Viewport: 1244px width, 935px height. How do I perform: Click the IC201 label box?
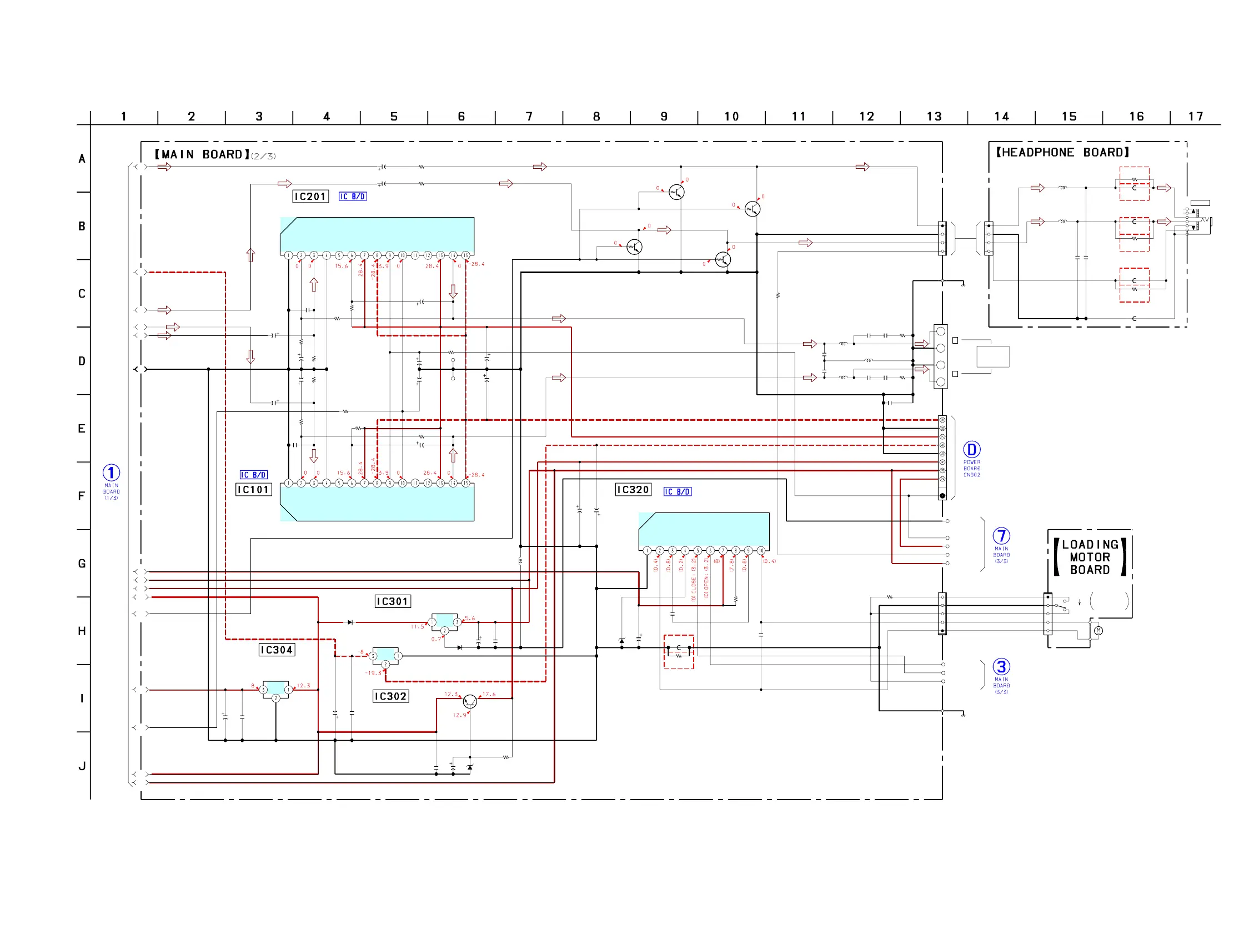coord(310,196)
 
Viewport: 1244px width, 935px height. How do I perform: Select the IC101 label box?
coord(254,490)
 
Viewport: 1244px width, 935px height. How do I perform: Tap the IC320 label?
coord(633,490)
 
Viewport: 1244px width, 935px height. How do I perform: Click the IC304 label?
coord(277,650)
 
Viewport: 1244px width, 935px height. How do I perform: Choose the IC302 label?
coord(391,696)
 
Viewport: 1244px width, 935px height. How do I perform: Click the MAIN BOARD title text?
coord(203,154)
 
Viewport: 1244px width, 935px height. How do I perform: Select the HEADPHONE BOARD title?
coord(1062,152)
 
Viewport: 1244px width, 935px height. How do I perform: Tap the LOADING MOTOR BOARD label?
coord(1090,557)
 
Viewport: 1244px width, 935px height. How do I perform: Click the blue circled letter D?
coord(972,450)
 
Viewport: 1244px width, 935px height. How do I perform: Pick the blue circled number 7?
coord(1001,536)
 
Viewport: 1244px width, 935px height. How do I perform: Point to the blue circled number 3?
coord(1001,667)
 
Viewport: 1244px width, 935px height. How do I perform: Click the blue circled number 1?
coord(112,473)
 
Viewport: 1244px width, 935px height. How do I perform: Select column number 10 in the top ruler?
coord(731,117)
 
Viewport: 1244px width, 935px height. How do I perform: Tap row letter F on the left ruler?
coord(82,496)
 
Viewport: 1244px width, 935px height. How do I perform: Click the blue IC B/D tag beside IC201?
coord(353,196)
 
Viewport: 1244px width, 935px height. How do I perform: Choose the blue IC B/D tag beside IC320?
coord(678,492)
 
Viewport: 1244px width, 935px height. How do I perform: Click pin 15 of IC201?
coord(465,255)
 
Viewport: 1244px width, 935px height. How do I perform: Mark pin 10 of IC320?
coord(761,550)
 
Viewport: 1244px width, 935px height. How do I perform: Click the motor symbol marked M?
coord(1098,631)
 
